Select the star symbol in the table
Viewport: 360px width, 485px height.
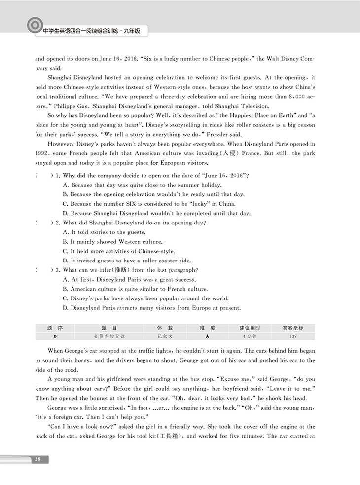[207, 336]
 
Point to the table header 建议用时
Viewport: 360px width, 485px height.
[250, 328]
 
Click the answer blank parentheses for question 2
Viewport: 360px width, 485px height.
[44, 223]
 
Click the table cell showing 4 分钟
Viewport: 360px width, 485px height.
[250, 336]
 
